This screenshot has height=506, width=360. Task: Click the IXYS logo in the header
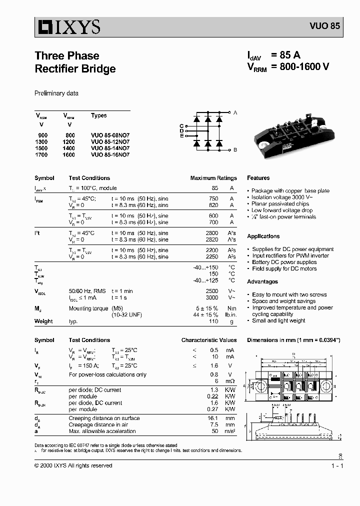coord(67,26)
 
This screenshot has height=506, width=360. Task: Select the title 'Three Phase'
coord(66,55)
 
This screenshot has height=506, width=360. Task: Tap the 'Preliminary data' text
coord(56,93)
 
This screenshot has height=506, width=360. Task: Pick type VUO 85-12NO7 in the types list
coord(110,141)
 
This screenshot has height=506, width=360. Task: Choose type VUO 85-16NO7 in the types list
coord(110,154)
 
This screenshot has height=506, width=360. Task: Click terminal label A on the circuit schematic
coord(235,112)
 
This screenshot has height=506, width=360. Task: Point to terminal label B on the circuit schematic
coord(235,150)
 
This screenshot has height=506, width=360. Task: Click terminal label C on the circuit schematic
coord(181,125)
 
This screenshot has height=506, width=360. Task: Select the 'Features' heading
coord(258,178)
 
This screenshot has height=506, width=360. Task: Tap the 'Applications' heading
coord(263,236)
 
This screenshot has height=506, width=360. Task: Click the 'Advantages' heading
coord(262,282)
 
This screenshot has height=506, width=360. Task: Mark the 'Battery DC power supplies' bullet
coord(284,262)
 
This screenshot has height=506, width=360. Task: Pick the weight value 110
coord(213,321)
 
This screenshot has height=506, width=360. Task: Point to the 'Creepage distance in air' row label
coord(98,424)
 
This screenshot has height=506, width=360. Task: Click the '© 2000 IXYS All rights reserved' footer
coord(73,465)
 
